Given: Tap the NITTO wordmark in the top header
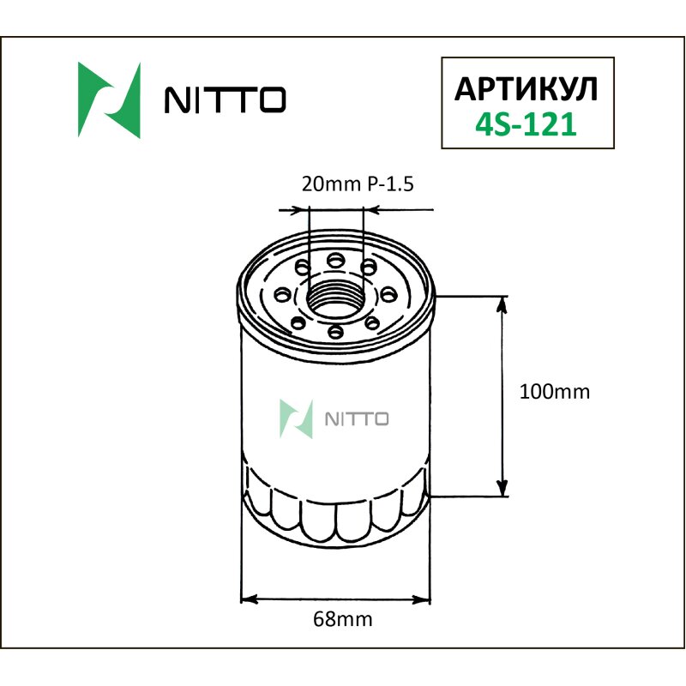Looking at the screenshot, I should (224, 100).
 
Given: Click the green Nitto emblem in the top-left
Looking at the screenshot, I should (109, 100).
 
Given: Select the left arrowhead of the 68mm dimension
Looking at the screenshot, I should (246, 598).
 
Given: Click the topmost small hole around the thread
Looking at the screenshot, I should (335, 259).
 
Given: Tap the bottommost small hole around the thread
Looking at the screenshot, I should (335, 332).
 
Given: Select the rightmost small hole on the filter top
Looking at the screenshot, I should (391, 295).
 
